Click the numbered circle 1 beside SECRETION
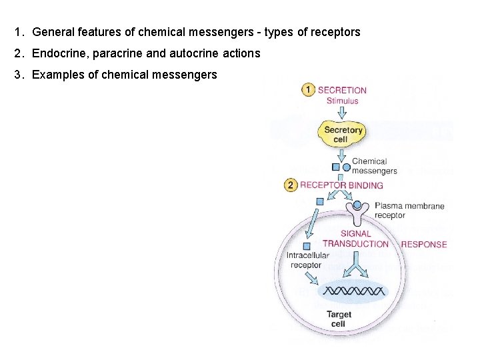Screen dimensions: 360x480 point(308,90)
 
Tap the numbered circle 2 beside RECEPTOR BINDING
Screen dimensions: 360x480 point(291,185)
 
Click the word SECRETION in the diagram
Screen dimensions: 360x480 point(342,90)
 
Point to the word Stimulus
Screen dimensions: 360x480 point(342,101)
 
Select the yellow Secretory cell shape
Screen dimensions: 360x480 point(343,134)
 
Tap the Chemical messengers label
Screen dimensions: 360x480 point(374,166)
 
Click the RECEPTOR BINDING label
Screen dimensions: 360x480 point(341,185)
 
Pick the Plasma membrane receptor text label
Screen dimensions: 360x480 point(409,211)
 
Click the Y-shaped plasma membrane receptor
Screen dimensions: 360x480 point(359,212)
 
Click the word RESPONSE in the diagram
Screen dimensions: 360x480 point(424,245)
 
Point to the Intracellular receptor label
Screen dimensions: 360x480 point(307,260)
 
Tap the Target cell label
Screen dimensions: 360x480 point(339,319)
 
